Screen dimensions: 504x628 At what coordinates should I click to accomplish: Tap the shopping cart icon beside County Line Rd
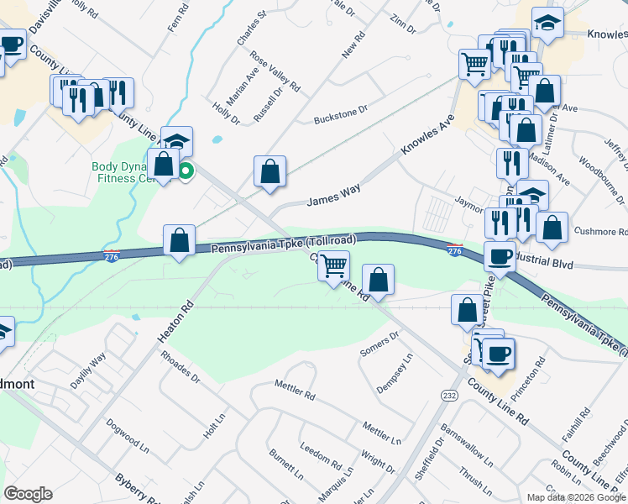(x=334, y=265)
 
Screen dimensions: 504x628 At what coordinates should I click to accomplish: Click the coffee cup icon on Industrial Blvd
(x=500, y=257)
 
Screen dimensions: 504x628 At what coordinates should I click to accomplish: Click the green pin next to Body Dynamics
(x=185, y=172)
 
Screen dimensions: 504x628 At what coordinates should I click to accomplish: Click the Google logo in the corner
(x=28, y=494)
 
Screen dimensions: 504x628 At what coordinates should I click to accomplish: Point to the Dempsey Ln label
(x=395, y=369)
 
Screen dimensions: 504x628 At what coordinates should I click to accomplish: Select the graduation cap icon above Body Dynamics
(x=177, y=140)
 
